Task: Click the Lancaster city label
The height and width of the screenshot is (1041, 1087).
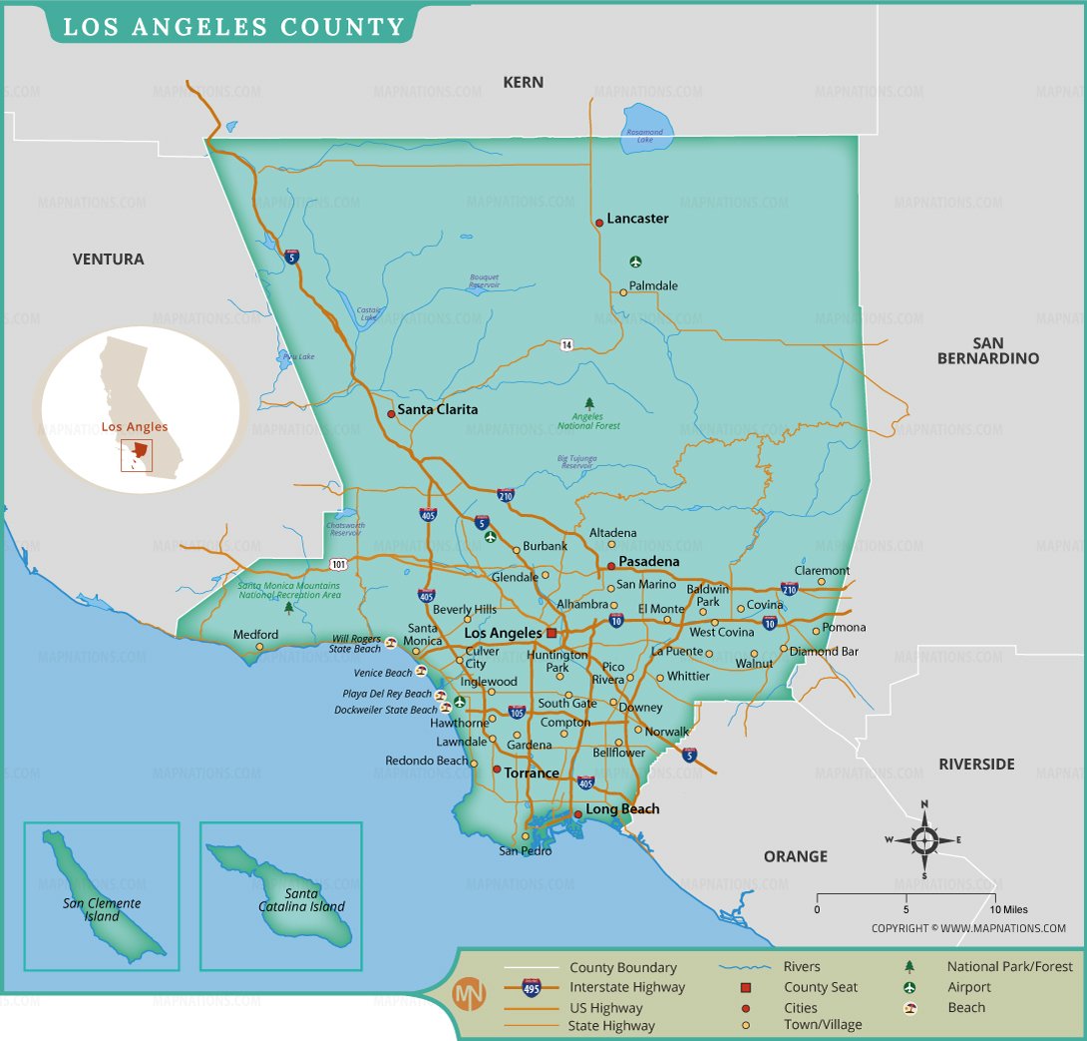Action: point(637,219)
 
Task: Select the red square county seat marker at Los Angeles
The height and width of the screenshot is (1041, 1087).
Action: point(550,633)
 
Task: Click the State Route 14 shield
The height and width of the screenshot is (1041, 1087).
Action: point(565,344)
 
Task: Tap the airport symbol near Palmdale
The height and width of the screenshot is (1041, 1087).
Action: point(636,262)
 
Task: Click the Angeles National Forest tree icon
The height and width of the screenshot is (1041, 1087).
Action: point(588,403)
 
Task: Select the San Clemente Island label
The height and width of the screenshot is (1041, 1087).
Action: point(102,909)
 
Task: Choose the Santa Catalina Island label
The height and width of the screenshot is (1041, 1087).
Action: point(301,900)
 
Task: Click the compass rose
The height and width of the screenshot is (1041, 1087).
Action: point(924,839)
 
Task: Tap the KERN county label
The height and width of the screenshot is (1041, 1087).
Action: point(524,83)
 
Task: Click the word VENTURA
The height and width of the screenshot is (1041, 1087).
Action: point(108,260)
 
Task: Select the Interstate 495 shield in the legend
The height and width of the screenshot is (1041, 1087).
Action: point(532,986)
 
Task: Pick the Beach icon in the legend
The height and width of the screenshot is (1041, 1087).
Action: point(909,1007)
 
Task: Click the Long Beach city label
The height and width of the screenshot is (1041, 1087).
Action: point(622,809)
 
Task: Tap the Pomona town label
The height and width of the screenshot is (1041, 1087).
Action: point(844,628)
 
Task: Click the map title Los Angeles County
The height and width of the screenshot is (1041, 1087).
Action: point(233,26)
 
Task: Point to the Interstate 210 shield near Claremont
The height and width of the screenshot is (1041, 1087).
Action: point(789,590)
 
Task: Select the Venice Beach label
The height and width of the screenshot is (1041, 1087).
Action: point(383,674)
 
